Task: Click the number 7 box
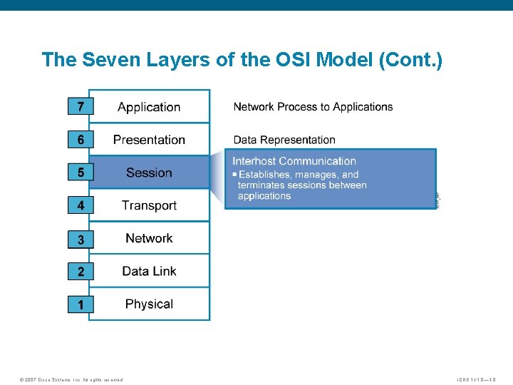[x=81, y=107]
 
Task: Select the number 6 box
[x=81, y=140]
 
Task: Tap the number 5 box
[x=81, y=173]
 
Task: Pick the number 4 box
[x=81, y=205]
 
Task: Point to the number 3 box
[x=81, y=240]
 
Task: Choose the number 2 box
[x=81, y=272]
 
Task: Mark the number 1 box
[x=81, y=304]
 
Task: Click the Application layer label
[x=149, y=107]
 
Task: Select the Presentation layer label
[x=149, y=140]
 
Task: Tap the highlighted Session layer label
[x=149, y=173]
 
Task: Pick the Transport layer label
[x=149, y=205]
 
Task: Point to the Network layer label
[x=149, y=238]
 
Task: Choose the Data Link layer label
[x=149, y=271]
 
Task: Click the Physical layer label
[x=149, y=304]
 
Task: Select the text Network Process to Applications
[x=313, y=107]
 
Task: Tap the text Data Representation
[x=284, y=140]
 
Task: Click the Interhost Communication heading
[x=294, y=161]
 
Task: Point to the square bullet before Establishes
[x=234, y=175]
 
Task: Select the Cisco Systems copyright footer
[x=71, y=379]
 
